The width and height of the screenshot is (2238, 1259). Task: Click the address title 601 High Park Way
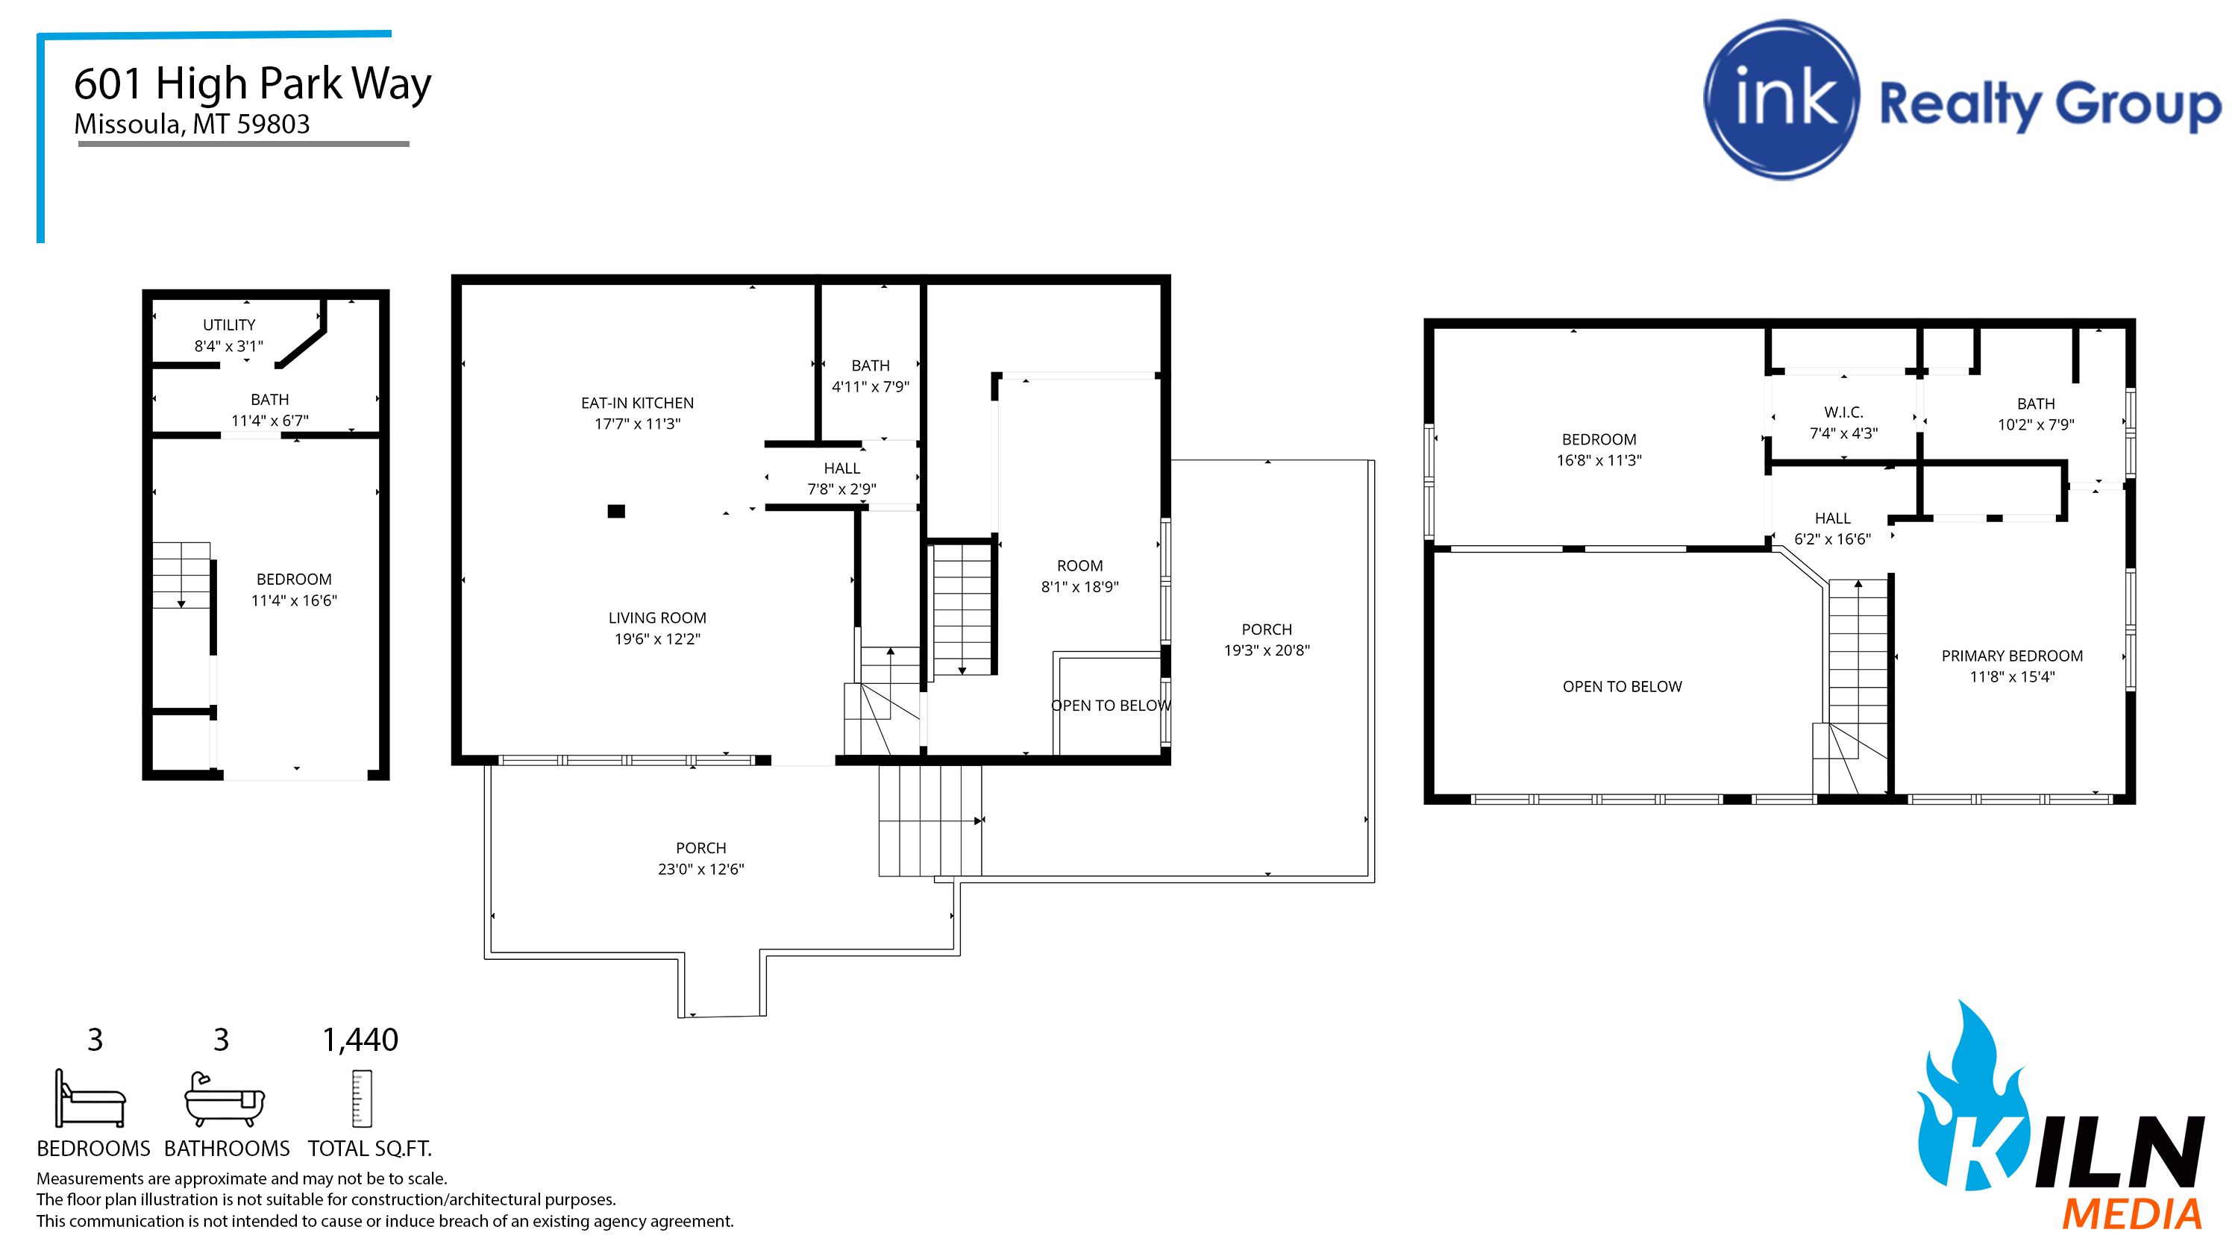pos(252,84)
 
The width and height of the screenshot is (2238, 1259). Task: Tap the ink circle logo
pos(1781,100)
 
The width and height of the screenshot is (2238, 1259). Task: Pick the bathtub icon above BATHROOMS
pos(224,1100)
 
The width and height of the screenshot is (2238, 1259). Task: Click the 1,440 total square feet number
pos(360,1039)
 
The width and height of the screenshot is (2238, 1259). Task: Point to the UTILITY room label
pos(228,325)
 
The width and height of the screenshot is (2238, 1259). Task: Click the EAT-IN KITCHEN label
pos(637,404)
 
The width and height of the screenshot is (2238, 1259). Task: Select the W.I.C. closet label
pos(1843,412)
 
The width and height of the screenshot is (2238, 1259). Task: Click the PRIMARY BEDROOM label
pos(2011,656)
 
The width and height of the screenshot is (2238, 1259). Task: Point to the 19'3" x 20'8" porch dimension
pos(1267,650)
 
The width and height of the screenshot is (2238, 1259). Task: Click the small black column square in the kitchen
pos(616,511)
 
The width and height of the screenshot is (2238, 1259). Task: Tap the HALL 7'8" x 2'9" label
pos(841,479)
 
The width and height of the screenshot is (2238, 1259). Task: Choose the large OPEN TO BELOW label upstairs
pos(1622,686)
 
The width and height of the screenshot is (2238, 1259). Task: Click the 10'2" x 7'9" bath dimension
pos(2036,425)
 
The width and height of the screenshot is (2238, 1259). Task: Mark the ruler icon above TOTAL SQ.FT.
pos(361,1099)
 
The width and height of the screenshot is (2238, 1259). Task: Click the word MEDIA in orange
pos(2132,1214)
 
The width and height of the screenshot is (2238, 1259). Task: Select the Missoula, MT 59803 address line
pos(192,125)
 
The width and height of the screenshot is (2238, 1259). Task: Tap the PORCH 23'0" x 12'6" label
pos(701,858)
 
